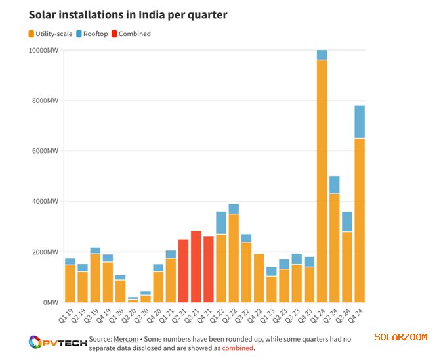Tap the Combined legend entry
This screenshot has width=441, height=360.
[x=131, y=34]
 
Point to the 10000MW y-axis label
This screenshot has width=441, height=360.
[x=43, y=51]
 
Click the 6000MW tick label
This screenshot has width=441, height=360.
[x=45, y=151]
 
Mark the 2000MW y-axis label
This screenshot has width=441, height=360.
[x=45, y=252]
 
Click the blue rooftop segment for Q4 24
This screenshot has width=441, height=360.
[x=360, y=122]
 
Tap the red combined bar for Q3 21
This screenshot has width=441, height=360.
[x=196, y=266]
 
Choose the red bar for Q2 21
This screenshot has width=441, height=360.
[x=183, y=271]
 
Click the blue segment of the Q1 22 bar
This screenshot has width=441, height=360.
[x=221, y=223]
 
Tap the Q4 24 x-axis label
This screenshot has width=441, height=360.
[x=359, y=314]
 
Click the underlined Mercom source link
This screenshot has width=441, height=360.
[x=125, y=338]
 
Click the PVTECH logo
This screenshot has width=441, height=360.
[x=58, y=342]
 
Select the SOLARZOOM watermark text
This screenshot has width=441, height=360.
[x=401, y=337]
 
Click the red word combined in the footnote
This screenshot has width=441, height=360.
[x=237, y=348]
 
